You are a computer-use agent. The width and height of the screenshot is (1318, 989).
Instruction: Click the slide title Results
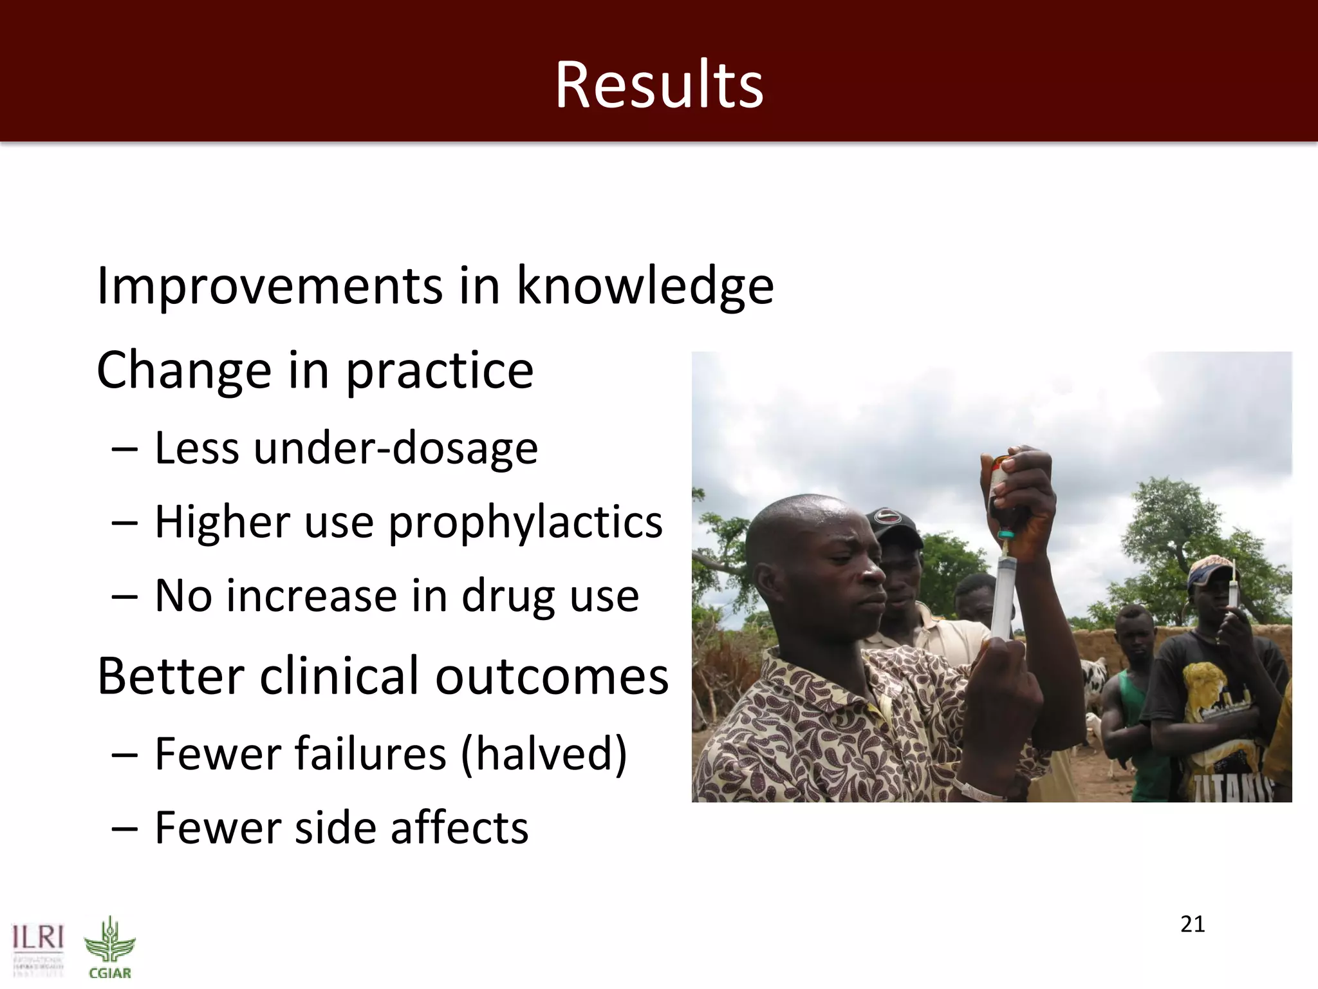click(659, 85)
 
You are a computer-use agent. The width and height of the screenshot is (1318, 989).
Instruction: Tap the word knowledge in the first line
click(645, 287)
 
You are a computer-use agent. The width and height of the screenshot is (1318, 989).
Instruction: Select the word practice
click(440, 372)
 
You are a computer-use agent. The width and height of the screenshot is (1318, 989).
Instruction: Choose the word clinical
click(339, 677)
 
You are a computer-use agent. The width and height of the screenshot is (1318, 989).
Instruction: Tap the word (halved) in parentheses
click(544, 755)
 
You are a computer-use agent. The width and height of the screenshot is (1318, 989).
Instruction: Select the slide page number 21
click(1193, 925)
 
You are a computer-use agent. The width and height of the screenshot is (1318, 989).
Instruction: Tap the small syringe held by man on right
click(1232, 586)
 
